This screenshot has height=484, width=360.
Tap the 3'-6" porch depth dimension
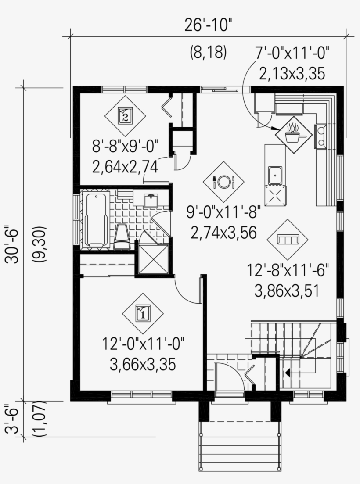coord(13,419)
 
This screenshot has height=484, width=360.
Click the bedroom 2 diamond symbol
coord(125,116)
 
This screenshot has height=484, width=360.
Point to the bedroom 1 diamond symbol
coord(143,313)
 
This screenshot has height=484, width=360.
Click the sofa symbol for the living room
coord(288,240)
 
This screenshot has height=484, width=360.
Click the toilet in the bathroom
coord(122,237)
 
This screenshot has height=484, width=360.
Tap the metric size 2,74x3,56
coord(223,233)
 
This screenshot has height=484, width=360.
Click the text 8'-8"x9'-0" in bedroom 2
coord(125,145)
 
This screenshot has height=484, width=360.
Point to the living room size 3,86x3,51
coord(288,290)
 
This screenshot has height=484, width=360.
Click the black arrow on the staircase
coord(288,373)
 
